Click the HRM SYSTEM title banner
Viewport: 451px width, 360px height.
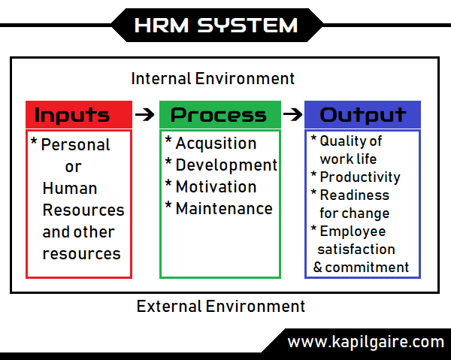click(x=215, y=25)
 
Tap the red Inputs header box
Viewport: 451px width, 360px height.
click(x=72, y=115)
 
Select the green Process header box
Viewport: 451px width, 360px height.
click(x=219, y=115)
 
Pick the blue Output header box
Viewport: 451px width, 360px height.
click(x=362, y=115)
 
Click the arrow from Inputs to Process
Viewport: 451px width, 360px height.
click(x=144, y=115)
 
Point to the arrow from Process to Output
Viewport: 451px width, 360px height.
click(x=292, y=115)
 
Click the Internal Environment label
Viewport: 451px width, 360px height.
click(x=213, y=78)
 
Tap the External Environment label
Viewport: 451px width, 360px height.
click(x=220, y=307)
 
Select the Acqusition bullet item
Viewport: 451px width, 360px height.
click(x=215, y=144)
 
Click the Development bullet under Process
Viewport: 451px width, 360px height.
click(x=225, y=165)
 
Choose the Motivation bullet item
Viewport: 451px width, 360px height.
click(x=215, y=187)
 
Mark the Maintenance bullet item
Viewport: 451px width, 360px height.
click(x=223, y=209)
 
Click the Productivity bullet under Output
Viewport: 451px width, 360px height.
click(x=359, y=177)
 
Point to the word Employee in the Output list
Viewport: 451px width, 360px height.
click(x=353, y=231)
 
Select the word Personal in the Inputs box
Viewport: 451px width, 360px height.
click(x=75, y=145)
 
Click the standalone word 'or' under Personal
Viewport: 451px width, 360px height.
click(x=73, y=167)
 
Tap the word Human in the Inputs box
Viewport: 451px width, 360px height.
click(x=70, y=189)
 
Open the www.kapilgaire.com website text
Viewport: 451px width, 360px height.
click(x=365, y=342)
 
